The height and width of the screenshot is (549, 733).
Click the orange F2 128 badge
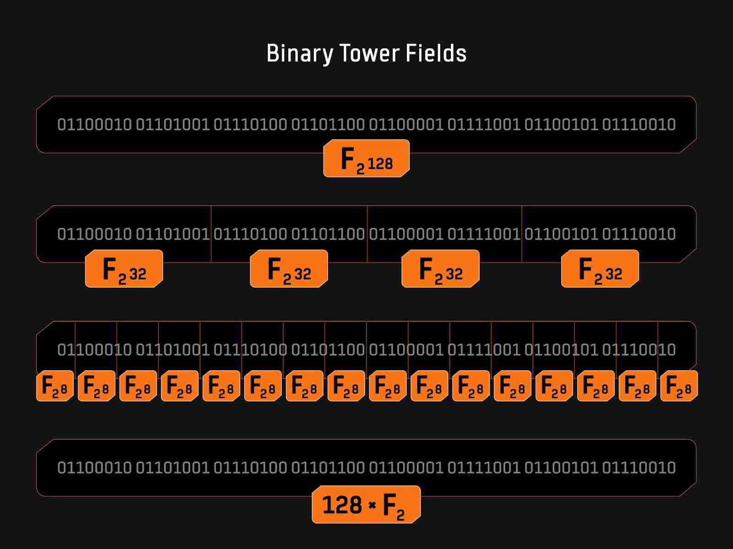click(366, 159)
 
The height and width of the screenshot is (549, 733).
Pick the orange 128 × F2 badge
click(366, 505)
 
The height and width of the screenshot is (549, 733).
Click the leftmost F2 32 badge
click(124, 269)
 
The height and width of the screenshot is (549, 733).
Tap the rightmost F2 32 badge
click(600, 269)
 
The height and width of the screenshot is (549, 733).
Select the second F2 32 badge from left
click(289, 269)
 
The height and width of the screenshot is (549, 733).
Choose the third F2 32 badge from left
click(440, 269)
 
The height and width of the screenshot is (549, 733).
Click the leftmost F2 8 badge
click(55, 386)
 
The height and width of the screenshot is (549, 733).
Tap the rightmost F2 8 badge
click(678, 386)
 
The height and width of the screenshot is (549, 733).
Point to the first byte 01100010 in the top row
click(94, 124)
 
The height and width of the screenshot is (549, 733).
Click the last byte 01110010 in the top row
click(639, 124)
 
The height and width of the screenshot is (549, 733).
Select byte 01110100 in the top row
click(250, 124)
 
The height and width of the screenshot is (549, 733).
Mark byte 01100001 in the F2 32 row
click(406, 234)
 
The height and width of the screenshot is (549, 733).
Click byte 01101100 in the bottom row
click(328, 467)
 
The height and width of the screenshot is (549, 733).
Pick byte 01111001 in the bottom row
click(484, 467)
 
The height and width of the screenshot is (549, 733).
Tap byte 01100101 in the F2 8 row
click(561, 350)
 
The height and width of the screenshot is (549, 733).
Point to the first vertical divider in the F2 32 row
click(211, 234)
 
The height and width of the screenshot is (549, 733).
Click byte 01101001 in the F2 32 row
click(172, 234)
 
